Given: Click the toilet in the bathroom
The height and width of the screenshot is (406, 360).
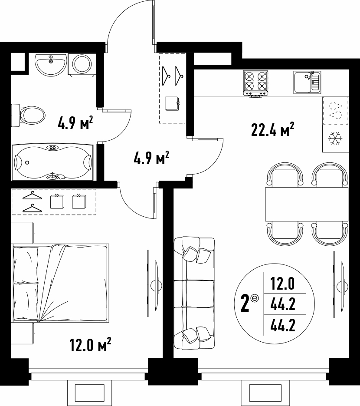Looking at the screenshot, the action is [x=29, y=115].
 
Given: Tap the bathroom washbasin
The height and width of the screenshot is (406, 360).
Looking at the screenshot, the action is [x=51, y=65].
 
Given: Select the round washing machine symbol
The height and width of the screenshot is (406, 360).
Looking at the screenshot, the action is [x=82, y=65].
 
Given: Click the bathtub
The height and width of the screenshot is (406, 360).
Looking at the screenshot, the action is [x=53, y=162].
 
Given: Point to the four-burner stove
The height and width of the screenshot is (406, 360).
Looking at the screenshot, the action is [x=255, y=83].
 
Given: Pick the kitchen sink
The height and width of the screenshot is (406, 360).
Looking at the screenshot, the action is [x=307, y=83].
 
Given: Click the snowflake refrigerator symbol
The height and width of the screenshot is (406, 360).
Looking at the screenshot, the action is [x=335, y=138].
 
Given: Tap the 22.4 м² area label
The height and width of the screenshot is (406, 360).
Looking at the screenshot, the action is [x=272, y=129].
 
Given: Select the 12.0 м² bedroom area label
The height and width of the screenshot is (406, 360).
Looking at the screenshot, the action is [x=90, y=345].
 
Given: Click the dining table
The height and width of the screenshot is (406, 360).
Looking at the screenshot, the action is [x=307, y=204].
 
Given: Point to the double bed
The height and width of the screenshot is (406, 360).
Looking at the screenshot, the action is [x=61, y=283].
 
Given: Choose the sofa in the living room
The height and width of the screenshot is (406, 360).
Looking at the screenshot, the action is [x=194, y=294].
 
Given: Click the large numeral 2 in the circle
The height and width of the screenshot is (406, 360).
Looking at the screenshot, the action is [x=245, y=304].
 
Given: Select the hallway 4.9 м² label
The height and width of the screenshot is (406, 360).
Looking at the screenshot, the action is [x=151, y=158].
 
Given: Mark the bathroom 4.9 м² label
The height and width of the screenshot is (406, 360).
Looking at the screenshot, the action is [x=75, y=123].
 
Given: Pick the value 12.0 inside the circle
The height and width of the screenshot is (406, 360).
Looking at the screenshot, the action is [x=282, y=283].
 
